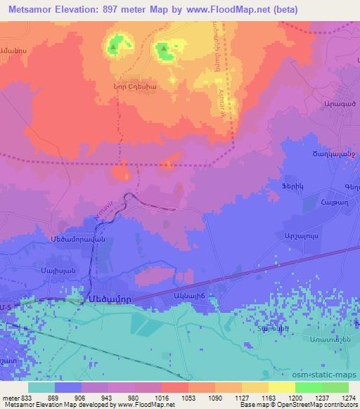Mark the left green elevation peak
click(115, 47)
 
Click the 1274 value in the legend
click(348, 398)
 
